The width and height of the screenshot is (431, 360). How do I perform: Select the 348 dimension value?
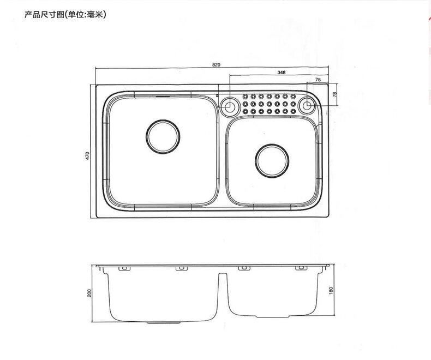tap(281, 72)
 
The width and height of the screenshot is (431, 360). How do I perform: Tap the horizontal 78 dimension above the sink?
tap(318, 80)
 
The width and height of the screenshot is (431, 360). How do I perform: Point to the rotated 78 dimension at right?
tap(334, 94)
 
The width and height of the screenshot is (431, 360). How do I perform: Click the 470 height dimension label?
tap(87, 155)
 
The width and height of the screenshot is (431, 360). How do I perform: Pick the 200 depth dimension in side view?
tap(89, 293)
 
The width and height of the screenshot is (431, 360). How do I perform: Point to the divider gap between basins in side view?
tap(224, 289)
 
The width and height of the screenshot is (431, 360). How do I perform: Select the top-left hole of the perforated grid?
tap(246, 95)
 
